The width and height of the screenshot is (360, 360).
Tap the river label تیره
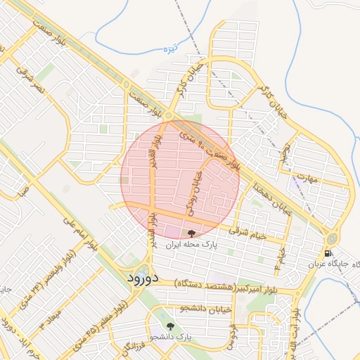click(x=183, y=49)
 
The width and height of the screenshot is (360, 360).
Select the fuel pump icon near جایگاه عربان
click(x=328, y=253)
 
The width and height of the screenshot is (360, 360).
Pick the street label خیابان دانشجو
click(x=184, y=307)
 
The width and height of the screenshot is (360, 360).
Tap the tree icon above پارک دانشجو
click(x=170, y=326)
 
